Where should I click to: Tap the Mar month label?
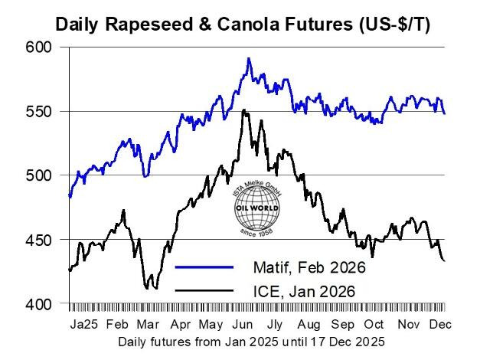tap(148, 324)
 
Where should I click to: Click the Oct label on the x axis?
tap(374, 324)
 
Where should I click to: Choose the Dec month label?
tap(437, 324)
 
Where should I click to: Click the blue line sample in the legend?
tap(204, 267)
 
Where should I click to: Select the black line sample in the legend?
tap(204, 290)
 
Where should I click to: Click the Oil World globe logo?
tap(254, 208)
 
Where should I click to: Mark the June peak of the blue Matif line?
tap(248, 58)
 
